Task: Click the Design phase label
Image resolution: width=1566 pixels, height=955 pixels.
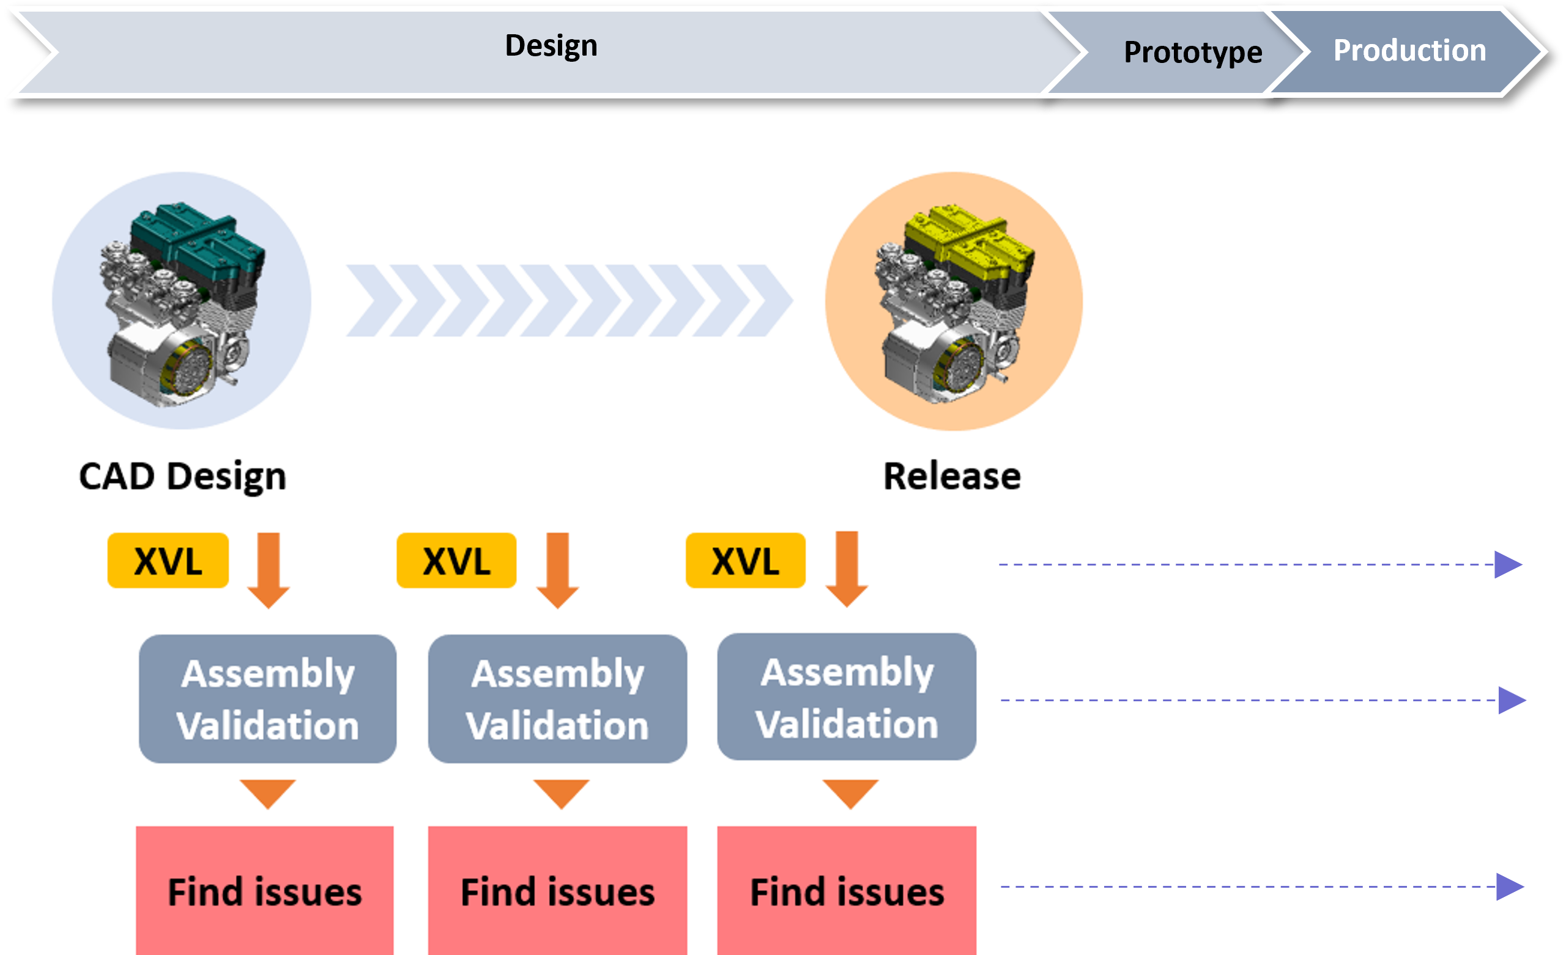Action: coord(551,46)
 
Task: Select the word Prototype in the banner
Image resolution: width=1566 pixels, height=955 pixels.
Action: coord(1193,52)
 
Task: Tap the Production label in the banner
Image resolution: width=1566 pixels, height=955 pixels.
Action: coord(1409,50)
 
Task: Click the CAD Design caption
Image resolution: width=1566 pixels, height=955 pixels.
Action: coord(182,476)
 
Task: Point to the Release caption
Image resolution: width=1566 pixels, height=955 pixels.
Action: coord(952,476)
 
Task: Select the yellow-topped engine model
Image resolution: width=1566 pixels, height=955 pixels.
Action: coord(953,302)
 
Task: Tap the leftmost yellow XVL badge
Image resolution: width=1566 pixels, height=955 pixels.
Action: coord(168,561)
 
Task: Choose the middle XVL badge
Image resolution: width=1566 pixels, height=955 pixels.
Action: coord(456,561)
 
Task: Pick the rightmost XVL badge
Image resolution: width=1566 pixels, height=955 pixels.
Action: coord(746,561)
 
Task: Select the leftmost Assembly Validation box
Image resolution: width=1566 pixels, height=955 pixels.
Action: coord(267,699)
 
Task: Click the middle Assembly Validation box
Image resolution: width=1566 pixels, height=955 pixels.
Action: coord(557,699)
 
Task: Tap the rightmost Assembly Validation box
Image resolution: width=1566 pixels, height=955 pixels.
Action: coord(847,697)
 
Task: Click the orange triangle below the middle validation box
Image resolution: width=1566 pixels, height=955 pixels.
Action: coord(561,792)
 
